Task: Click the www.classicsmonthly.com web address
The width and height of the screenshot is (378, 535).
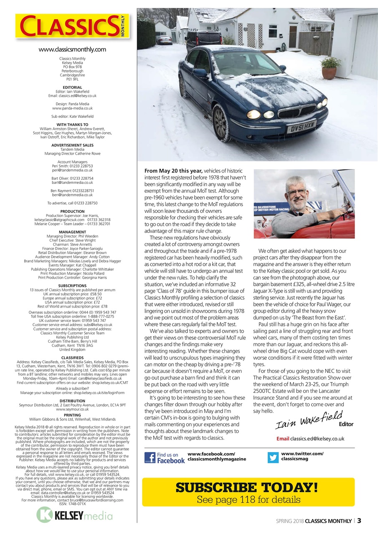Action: tap(72, 49)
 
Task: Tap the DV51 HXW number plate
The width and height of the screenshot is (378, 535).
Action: tap(301, 126)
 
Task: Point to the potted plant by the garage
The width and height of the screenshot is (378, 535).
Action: tap(330, 68)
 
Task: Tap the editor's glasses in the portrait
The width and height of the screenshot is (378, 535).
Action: tap(297, 192)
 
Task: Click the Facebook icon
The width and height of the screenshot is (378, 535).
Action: tap(150, 457)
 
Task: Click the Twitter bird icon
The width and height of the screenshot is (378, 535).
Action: tap(273, 457)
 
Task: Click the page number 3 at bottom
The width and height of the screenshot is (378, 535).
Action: tap(359, 520)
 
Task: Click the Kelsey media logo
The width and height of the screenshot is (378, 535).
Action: tap(74, 515)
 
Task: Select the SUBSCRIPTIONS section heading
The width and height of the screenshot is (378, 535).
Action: tap(72, 286)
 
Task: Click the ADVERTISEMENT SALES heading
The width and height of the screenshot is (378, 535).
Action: tap(72, 145)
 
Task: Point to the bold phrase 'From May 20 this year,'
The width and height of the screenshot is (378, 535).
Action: tap(174, 171)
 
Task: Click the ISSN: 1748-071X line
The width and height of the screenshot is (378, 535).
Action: tap(72, 504)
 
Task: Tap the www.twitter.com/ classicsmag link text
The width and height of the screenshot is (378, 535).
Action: tap(302, 456)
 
